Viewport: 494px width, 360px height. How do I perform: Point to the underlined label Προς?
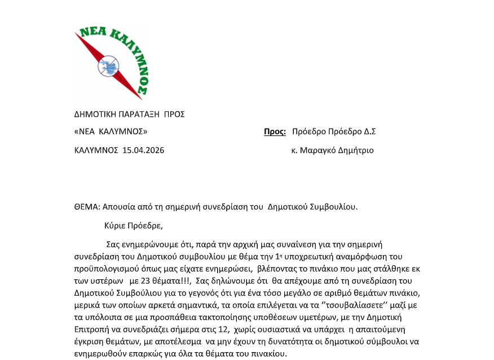275,131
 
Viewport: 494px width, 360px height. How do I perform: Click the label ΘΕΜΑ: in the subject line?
87,207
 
